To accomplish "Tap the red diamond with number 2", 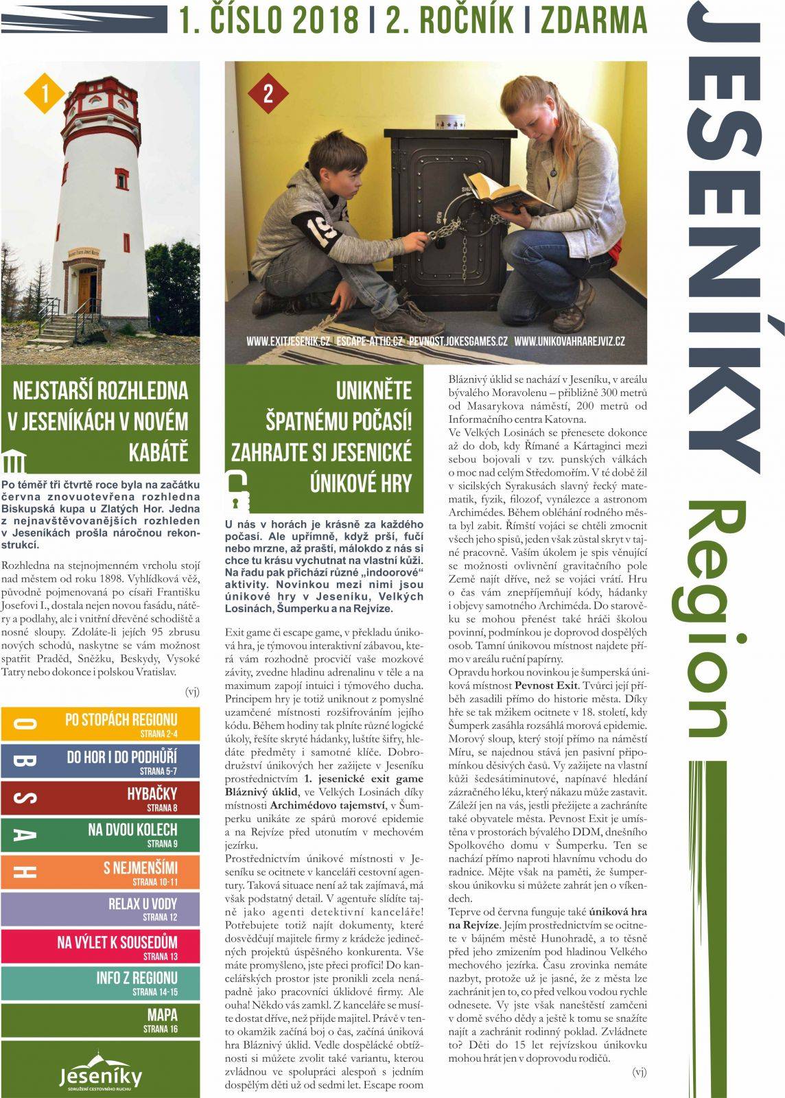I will [268, 93].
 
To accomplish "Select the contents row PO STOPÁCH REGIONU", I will [101, 724].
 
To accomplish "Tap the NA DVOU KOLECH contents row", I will [101, 834].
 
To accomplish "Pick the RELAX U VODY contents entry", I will [101, 908].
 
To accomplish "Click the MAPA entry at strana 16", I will [101, 1019].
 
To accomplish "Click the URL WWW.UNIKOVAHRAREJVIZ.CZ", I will [569, 341].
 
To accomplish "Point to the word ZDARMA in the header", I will [594, 21].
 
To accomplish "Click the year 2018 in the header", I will [325, 21].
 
